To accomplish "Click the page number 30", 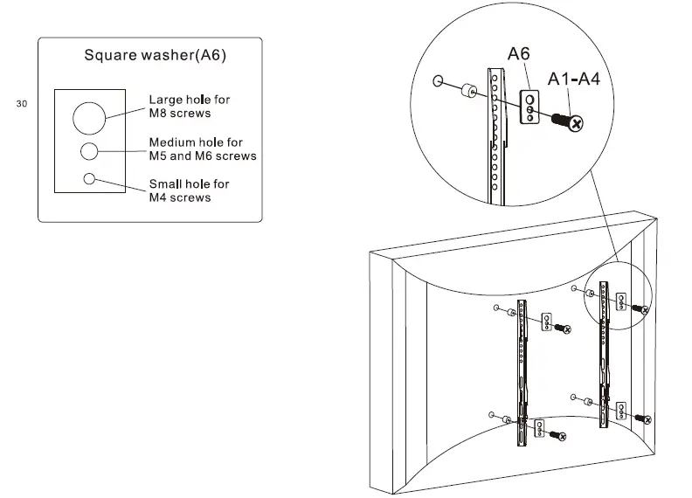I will coord(22,104).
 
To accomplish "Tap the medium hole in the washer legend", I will coord(89,151).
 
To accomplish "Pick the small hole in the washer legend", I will coord(89,179).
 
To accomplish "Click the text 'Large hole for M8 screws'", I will coord(189,107).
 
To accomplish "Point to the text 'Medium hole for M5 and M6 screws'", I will coord(202,149).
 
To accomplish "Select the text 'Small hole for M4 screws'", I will coord(189,190).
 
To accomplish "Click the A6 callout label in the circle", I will coord(519,54).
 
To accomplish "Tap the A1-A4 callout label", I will coord(573,80).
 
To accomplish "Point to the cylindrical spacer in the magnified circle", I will coord(468,90).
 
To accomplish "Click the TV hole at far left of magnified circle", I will coord(437,82).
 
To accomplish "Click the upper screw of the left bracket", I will coord(564,329).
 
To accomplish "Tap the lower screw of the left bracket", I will coord(558,434).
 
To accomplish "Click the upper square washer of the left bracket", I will coord(547,322).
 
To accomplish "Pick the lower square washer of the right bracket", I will coord(620,410).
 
